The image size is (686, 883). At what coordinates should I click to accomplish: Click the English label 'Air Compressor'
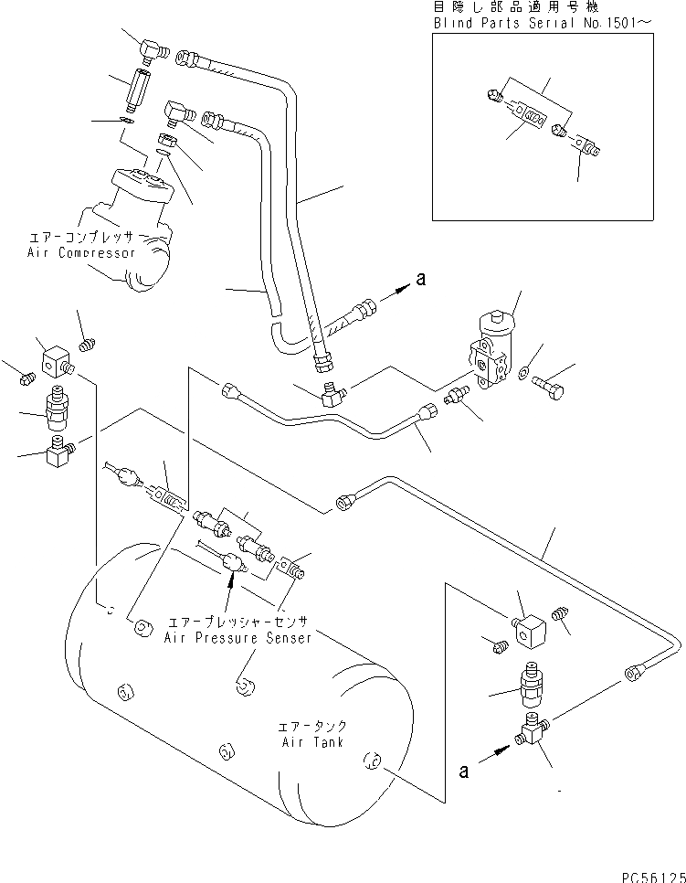click(81, 253)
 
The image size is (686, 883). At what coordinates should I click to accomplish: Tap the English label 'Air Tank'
click(313, 742)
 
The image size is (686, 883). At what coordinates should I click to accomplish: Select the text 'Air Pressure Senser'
click(237, 638)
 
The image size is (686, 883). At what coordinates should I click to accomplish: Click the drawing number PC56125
click(653, 877)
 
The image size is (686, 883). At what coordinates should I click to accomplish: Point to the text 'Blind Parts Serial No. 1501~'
click(544, 23)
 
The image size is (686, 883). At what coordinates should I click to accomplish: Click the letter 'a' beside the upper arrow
click(421, 279)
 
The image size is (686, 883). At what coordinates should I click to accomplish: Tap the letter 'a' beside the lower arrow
click(464, 771)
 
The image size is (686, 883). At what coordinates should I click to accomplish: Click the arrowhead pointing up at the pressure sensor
click(229, 579)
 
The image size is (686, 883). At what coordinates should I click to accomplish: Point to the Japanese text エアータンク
click(313, 726)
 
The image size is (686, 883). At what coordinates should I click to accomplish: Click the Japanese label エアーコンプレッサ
click(80, 237)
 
